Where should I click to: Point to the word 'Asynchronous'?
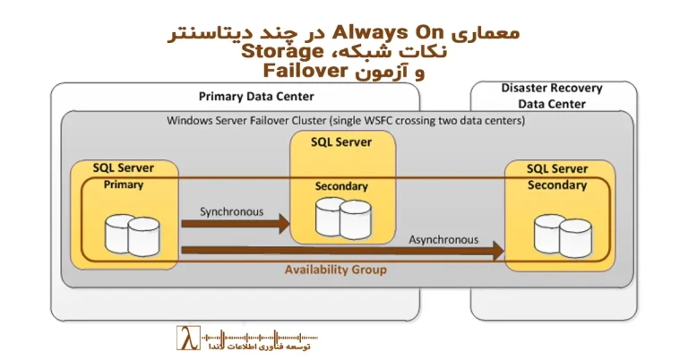pyautogui.click(x=443, y=240)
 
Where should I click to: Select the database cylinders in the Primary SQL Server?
pyautogui.click(x=131, y=234)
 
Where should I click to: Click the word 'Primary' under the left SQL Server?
pyautogui.click(x=124, y=184)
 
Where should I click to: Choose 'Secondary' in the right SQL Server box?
pyautogui.click(x=556, y=185)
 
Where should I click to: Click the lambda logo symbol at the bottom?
pyautogui.click(x=186, y=339)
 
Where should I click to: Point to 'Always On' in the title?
pyautogui.click(x=383, y=32)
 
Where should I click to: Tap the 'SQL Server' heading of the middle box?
pyautogui.click(x=340, y=141)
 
